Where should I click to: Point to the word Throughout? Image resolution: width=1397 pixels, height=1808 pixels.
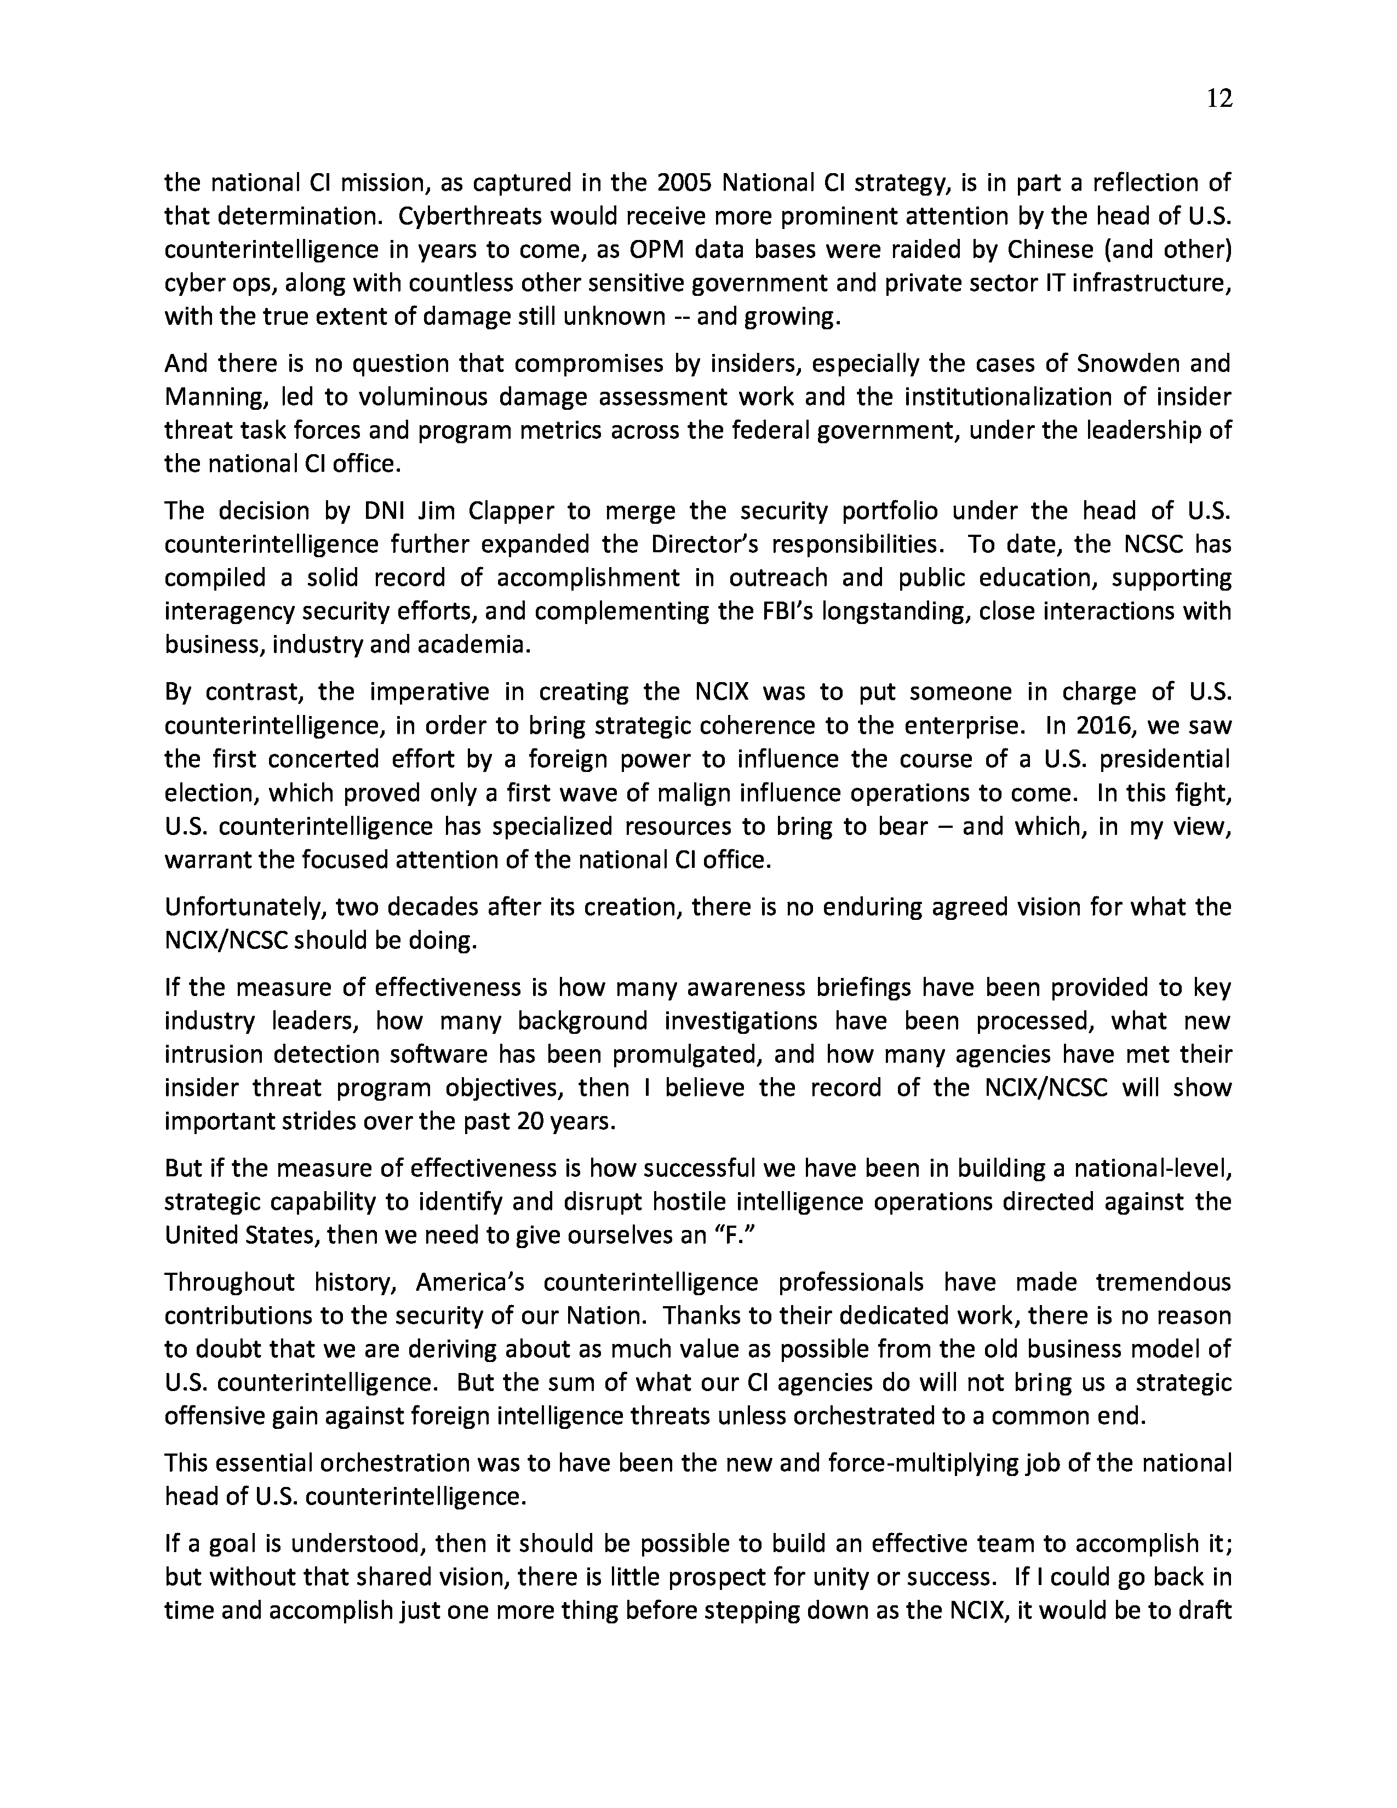point(229,1283)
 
